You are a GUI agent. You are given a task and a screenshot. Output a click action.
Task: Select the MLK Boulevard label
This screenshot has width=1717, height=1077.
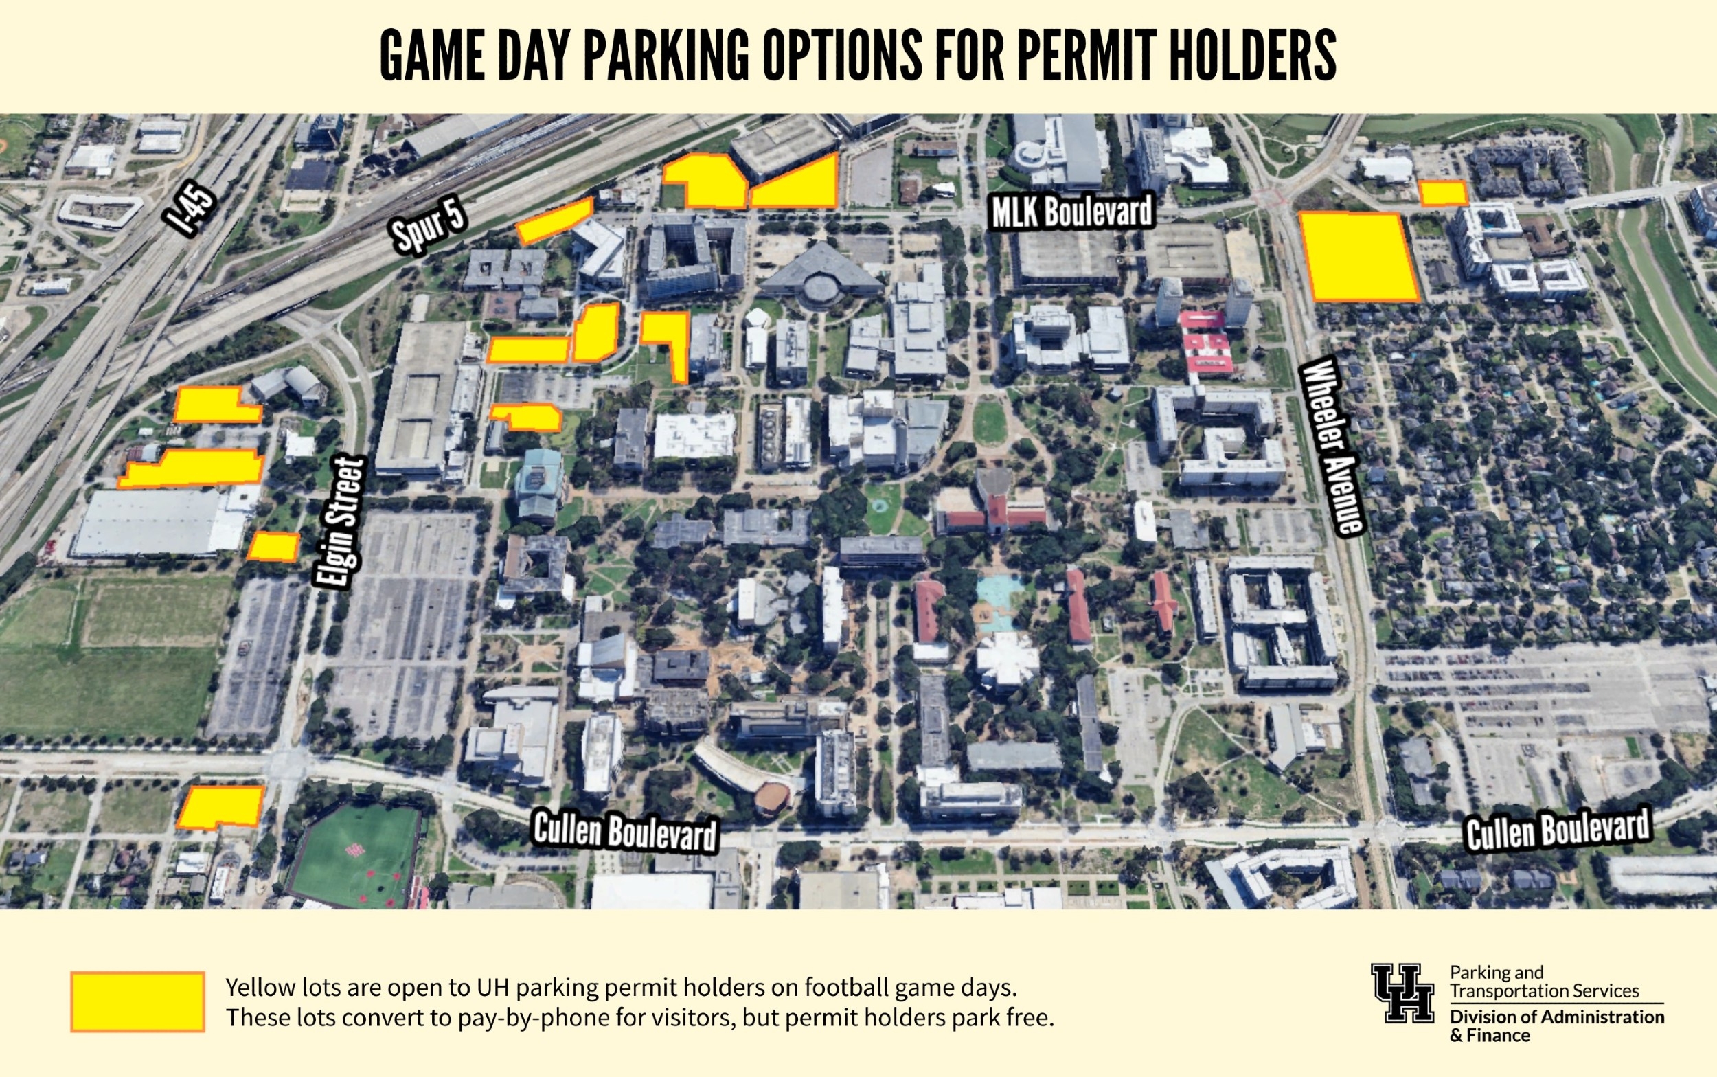[x=1072, y=212]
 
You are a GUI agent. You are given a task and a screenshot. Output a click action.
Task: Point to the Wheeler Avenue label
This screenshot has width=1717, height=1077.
[x=1331, y=447]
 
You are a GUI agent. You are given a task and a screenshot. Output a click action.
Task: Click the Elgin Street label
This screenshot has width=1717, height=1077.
[x=341, y=523]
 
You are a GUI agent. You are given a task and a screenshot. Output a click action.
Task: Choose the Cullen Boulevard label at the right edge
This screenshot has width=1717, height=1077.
[x=1558, y=830]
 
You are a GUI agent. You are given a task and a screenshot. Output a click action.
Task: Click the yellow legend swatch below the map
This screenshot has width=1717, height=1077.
[x=137, y=1001]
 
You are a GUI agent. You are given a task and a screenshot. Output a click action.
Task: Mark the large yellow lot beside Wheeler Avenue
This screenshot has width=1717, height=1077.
[x=1357, y=256]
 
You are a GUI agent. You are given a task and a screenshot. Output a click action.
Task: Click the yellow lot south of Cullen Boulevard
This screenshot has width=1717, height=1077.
[x=220, y=807]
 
